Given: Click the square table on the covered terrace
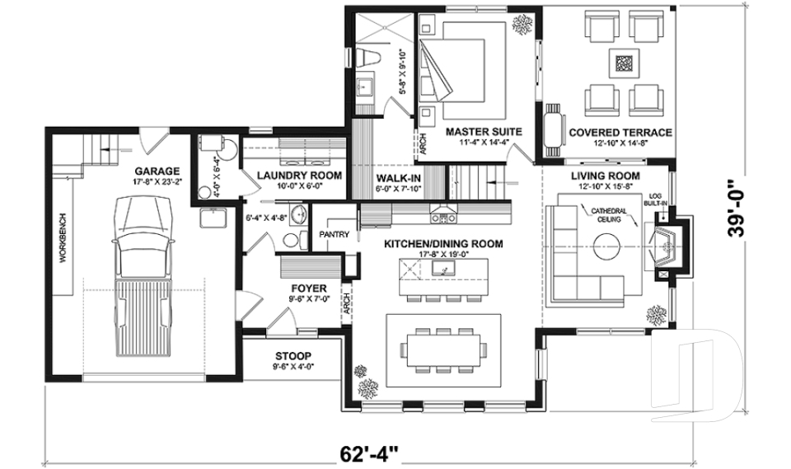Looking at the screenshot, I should click(624, 63).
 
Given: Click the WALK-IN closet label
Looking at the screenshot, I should click(399, 178).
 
